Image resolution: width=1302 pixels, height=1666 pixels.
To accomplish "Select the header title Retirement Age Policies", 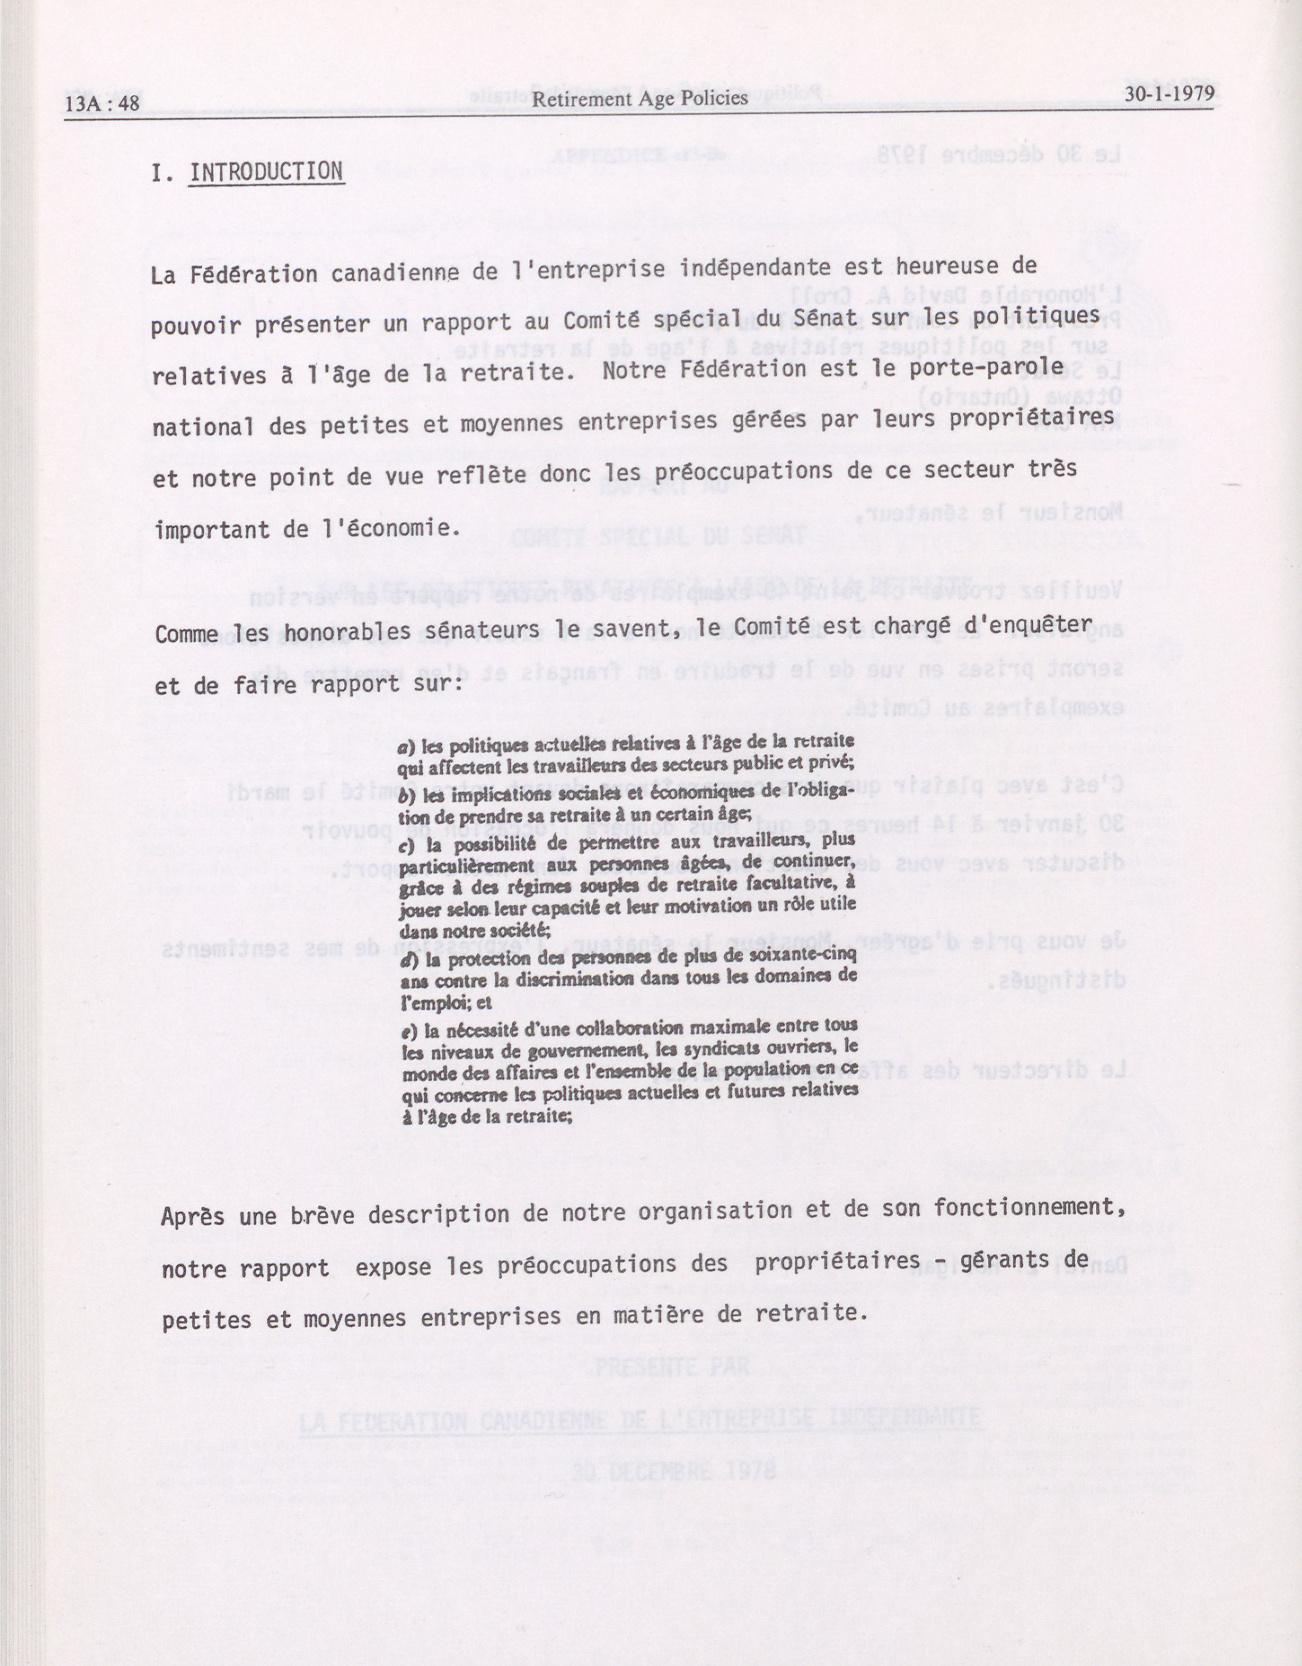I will [x=639, y=99].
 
